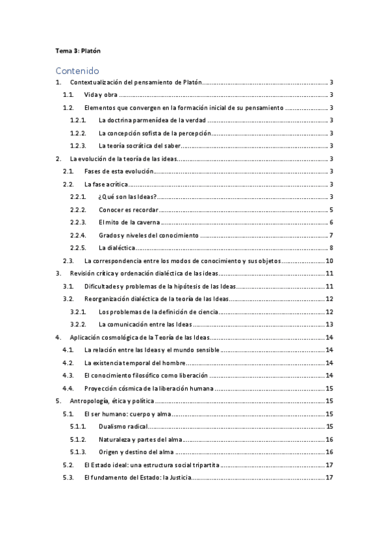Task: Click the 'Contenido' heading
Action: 77,70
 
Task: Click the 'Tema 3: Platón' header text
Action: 78,50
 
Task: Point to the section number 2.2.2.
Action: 78,210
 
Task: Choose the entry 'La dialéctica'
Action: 117,248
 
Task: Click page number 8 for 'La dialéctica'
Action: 331,248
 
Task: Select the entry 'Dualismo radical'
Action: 123,426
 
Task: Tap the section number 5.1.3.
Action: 78,452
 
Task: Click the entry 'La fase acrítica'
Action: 107,185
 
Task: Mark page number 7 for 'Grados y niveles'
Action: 331,235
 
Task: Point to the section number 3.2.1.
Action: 78,312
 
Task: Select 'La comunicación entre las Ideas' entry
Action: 145,324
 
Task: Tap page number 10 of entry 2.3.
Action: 329,261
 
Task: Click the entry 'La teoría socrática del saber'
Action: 140,146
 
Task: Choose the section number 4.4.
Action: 68,388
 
